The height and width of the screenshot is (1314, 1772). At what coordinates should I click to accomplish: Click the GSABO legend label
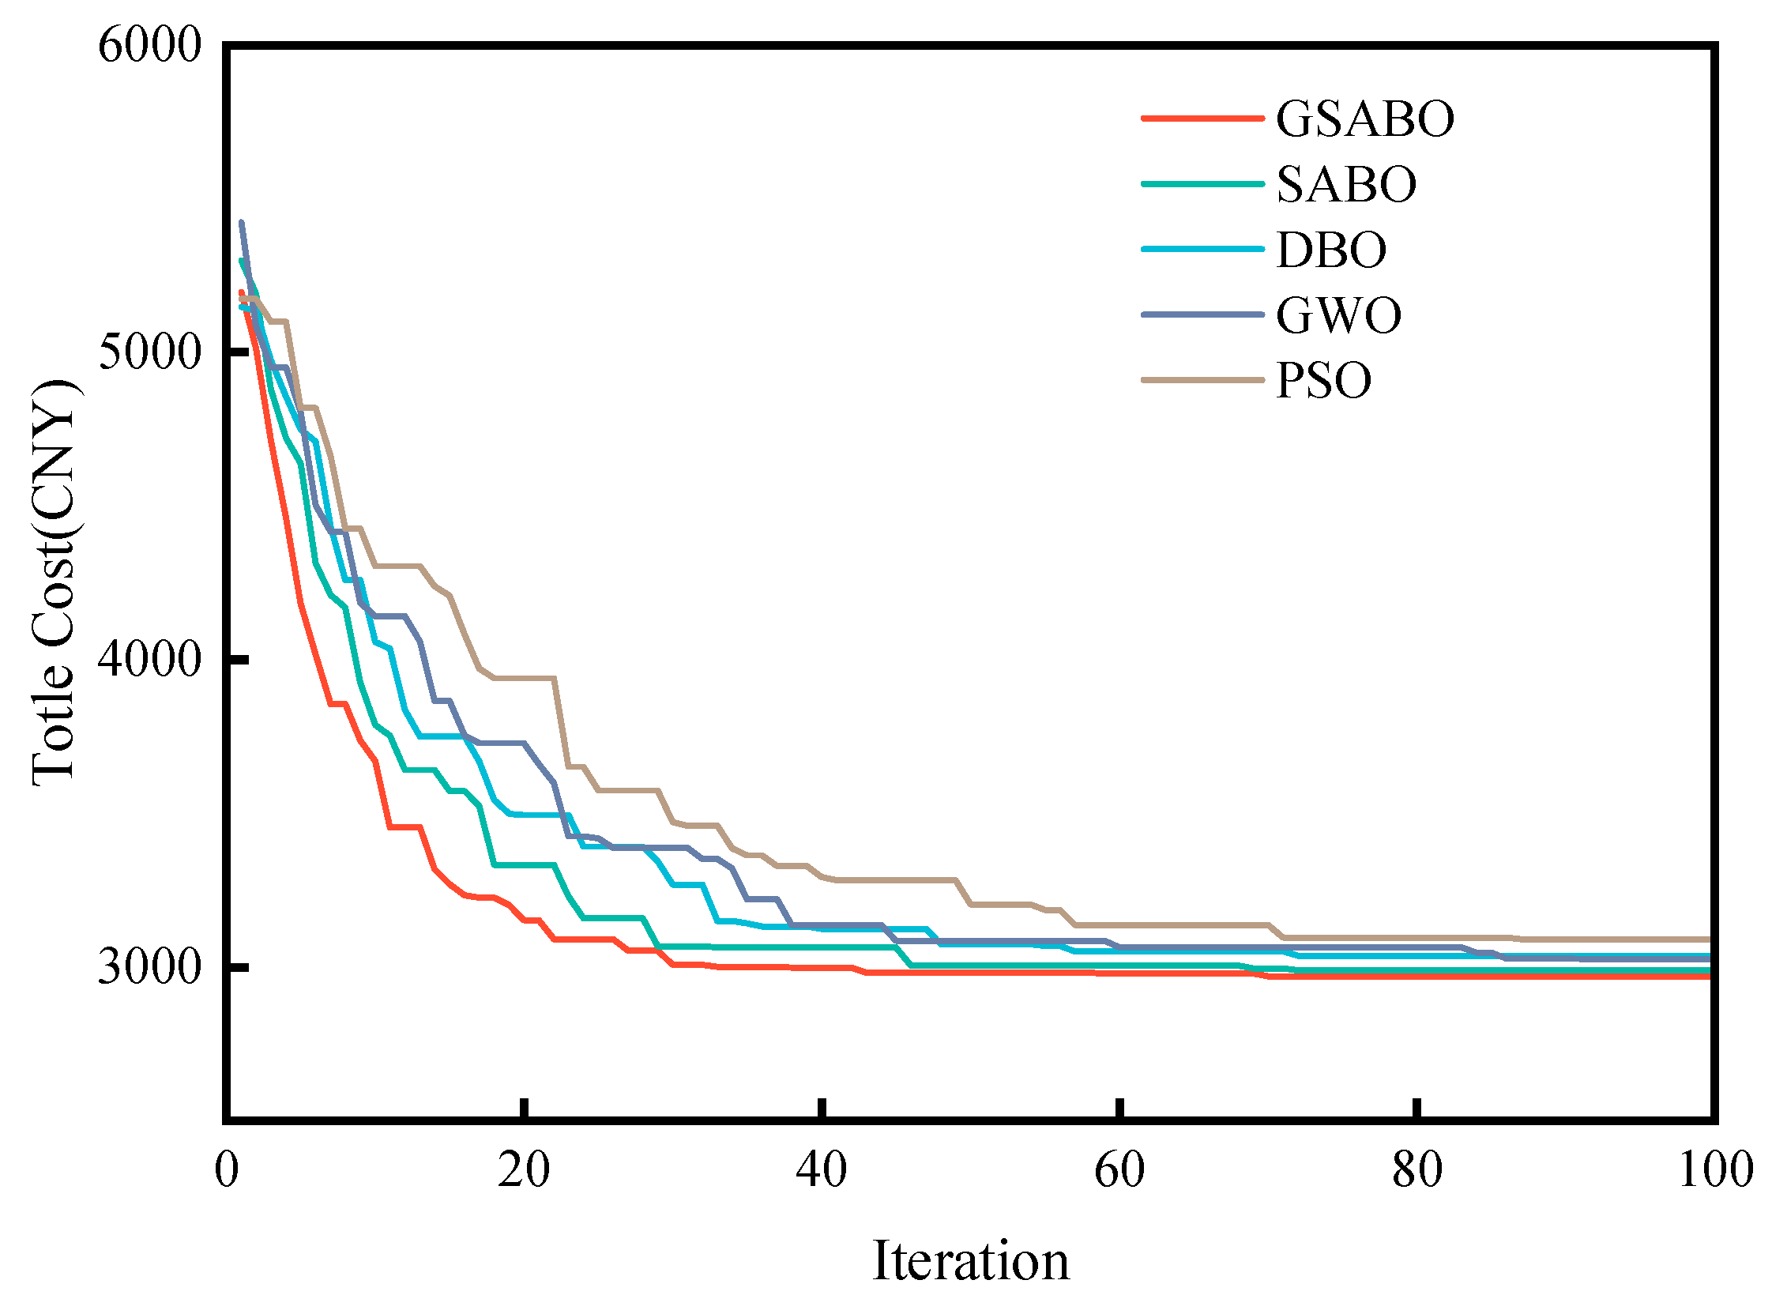coord(1364,119)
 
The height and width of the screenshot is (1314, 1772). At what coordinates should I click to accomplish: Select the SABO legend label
coord(1345,185)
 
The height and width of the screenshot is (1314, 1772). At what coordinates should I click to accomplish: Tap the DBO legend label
coord(1330,250)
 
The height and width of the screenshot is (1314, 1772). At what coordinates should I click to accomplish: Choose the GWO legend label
coord(1337,315)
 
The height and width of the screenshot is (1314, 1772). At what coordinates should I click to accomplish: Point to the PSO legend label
coord(1323,380)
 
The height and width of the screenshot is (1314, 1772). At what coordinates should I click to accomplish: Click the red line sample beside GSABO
coord(1202,119)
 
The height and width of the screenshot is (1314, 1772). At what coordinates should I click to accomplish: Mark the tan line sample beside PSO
coord(1202,380)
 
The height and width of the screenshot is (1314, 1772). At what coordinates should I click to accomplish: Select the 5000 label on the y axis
coord(149,352)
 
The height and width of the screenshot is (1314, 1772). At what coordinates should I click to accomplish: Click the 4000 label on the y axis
coord(149,660)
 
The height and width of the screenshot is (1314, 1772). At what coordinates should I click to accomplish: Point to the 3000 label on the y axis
coord(149,967)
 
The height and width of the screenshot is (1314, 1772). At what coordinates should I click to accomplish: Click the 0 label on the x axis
coord(227,1170)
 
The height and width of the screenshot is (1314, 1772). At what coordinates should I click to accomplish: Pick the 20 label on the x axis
coord(523,1170)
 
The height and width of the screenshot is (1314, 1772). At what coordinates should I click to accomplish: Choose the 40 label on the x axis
coord(822,1170)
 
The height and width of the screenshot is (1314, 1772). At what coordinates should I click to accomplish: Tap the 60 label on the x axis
coord(1119,1170)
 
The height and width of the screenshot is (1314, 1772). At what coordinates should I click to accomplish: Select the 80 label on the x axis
coord(1416,1170)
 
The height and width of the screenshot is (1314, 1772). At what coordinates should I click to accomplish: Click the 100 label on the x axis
coord(1716,1170)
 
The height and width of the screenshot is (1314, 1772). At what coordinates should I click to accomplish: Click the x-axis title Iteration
coord(970,1262)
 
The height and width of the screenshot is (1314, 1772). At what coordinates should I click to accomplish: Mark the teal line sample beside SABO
coord(1202,184)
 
